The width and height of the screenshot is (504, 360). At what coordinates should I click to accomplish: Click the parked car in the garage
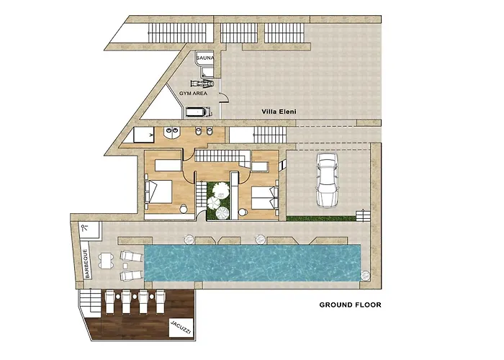(x=328, y=181)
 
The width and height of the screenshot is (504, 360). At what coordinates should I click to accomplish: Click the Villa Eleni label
(x=279, y=112)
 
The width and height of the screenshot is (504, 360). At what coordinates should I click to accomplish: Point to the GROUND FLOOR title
(x=350, y=305)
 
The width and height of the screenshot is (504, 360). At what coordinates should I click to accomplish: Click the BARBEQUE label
(x=86, y=263)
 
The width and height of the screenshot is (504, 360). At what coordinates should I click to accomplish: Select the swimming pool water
(x=252, y=261)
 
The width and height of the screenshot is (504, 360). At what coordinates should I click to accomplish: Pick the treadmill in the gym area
(x=197, y=112)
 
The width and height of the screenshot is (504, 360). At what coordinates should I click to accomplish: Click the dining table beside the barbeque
(x=107, y=261)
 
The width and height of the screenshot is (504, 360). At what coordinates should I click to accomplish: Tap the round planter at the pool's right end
(x=365, y=274)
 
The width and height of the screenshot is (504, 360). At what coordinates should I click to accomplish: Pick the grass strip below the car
(x=321, y=217)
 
